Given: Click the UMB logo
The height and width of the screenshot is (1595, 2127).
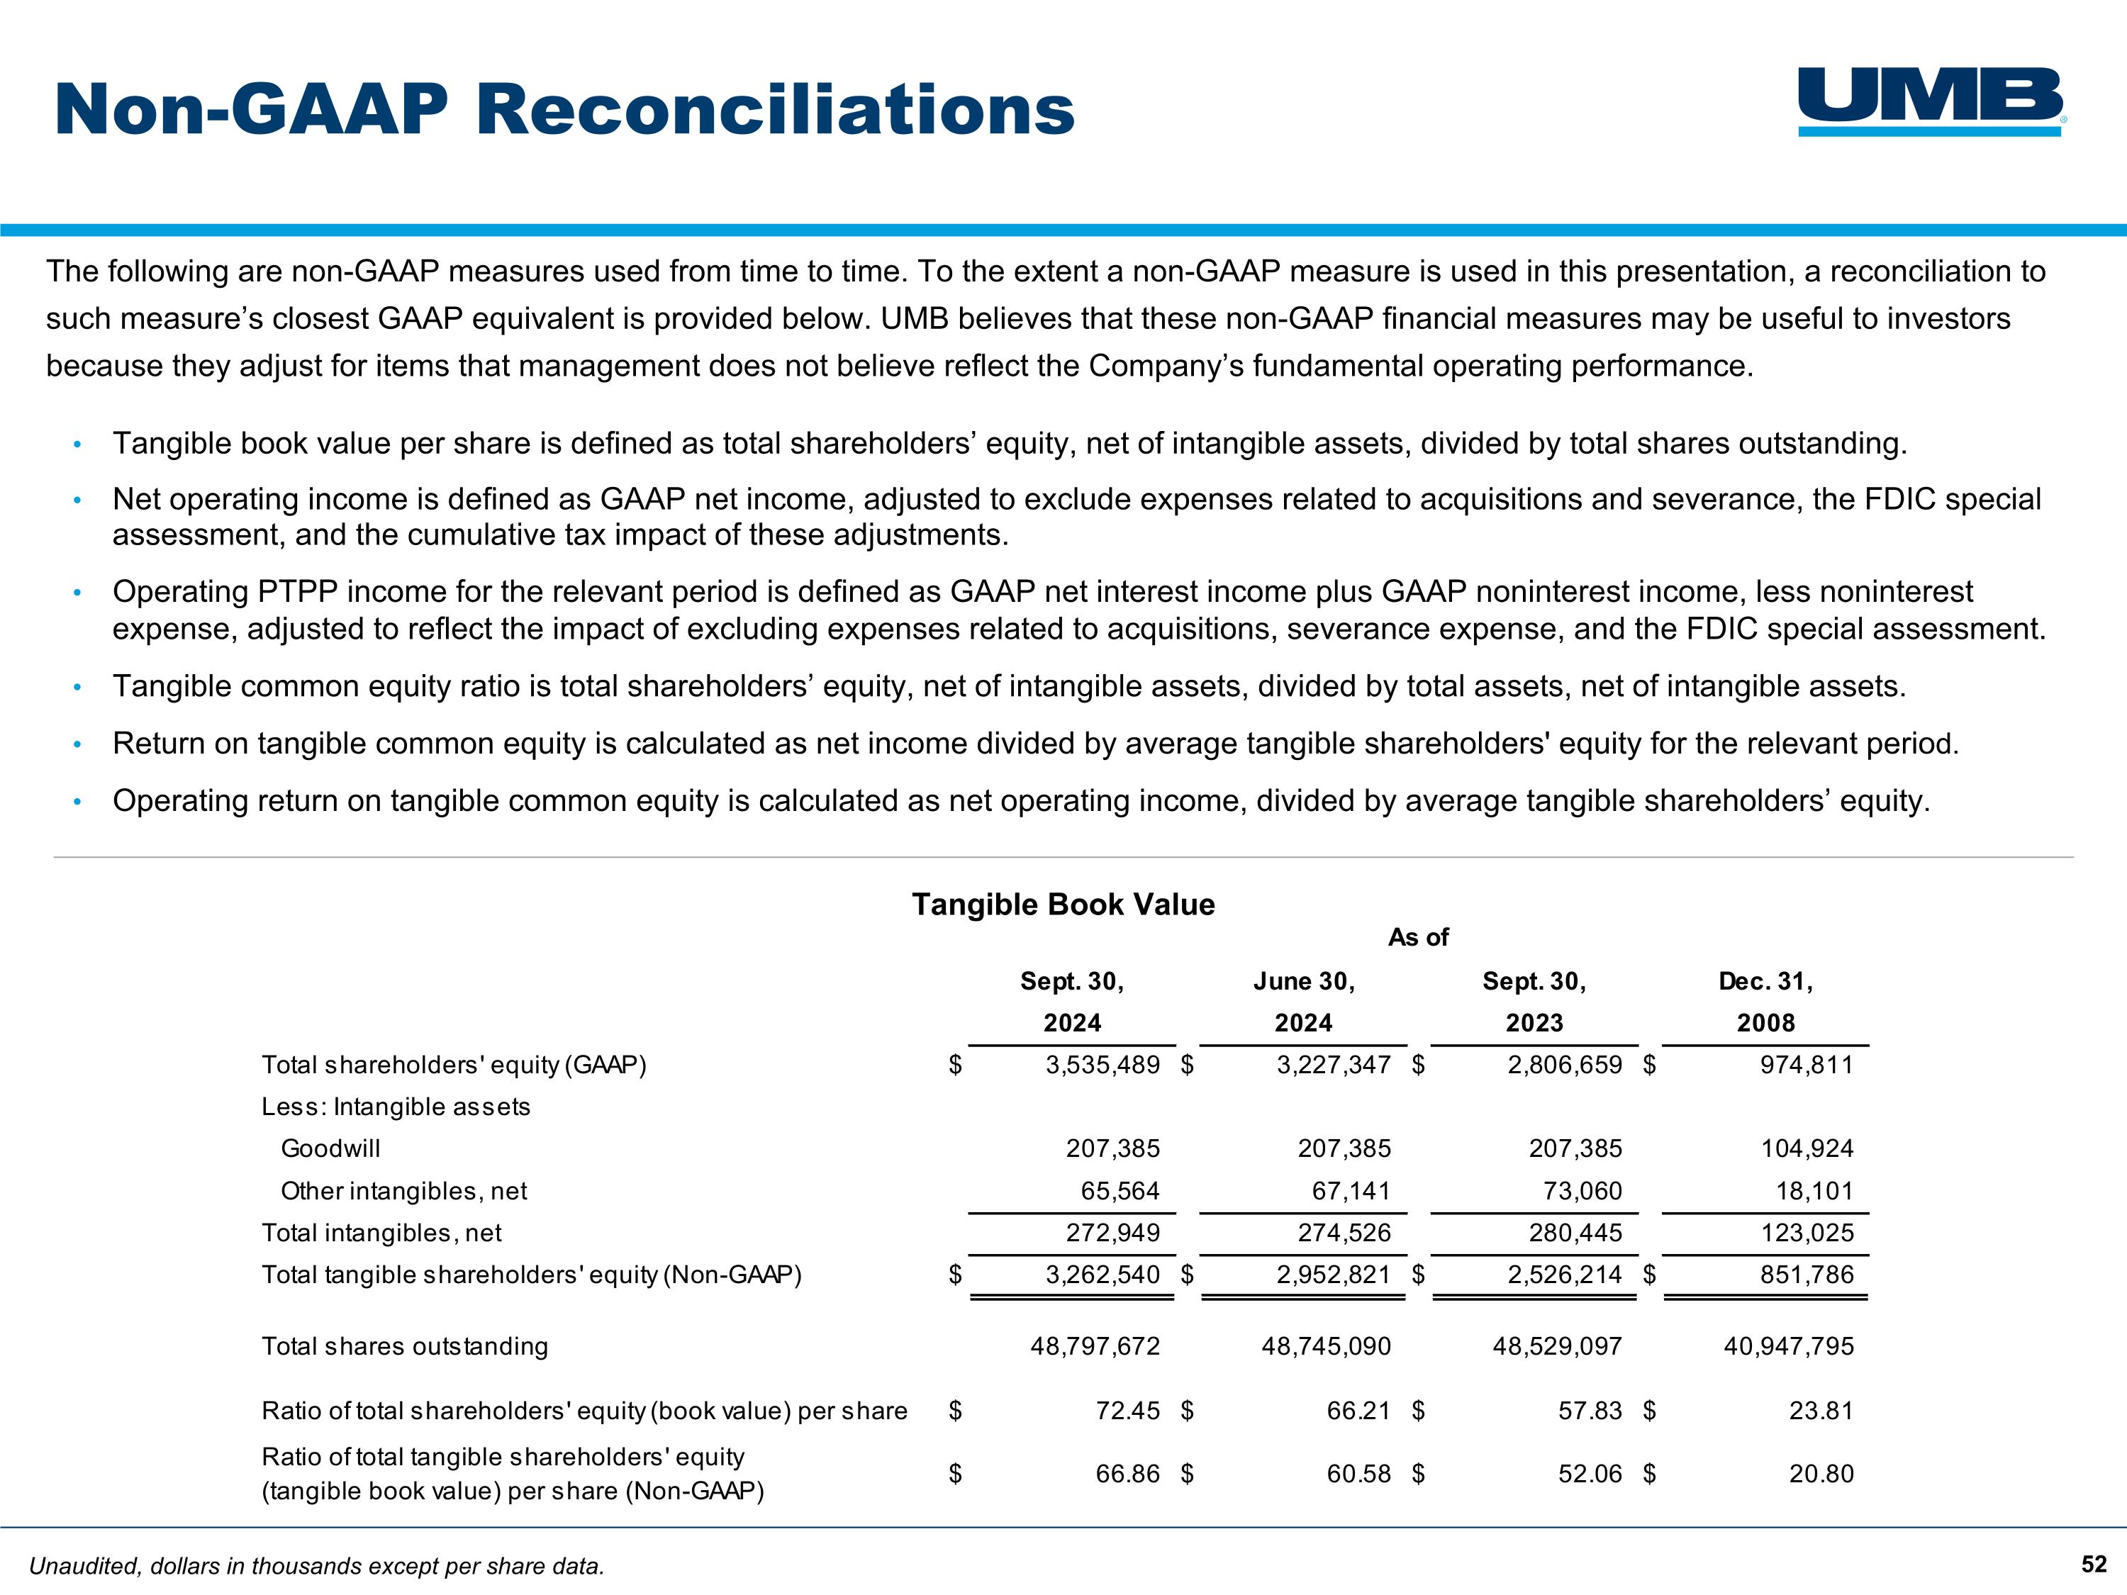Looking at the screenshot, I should coord(1931,101).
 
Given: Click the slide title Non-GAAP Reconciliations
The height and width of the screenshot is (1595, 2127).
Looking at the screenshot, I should coord(564,110).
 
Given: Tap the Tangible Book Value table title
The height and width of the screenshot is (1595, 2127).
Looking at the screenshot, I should coord(1063,905).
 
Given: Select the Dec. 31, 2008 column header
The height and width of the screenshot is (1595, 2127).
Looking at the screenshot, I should coord(1765,1002).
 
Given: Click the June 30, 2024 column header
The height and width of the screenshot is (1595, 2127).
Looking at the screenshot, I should coord(1303,1002).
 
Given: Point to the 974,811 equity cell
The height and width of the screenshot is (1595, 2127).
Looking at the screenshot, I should coord(1806,1065).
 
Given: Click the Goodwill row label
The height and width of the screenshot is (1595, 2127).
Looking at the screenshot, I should coord(330,1149).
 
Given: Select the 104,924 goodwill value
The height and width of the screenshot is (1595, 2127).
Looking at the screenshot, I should coord(1806,1149).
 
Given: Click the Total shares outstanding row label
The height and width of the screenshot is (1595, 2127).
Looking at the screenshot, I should coord(405,1346).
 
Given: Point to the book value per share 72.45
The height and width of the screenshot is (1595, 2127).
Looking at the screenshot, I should coord(1127,1411).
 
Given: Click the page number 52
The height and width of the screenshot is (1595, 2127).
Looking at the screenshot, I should coord(2094,1565).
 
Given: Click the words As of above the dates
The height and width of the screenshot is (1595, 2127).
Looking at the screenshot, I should coord(1417,937).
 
